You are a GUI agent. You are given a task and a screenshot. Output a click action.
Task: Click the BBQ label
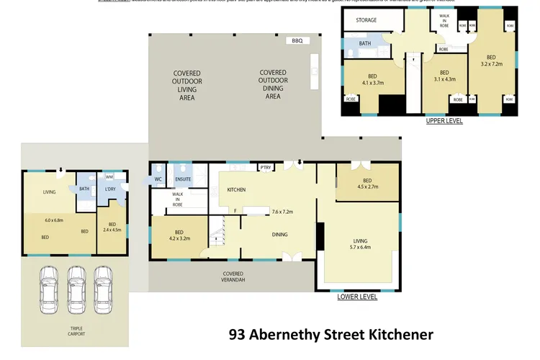click(x=297, y=41)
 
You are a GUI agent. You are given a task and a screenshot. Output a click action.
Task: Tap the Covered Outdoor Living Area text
click(x=187, y=85)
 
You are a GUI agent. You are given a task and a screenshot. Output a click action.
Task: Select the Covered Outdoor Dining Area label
click(x=273, y=84)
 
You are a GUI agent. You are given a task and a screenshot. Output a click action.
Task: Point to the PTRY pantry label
click(x=266, y=168)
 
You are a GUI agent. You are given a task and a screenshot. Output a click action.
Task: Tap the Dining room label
click(x=260, y=234)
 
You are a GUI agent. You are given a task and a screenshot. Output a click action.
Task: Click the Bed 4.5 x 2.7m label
click(x=367, y=184)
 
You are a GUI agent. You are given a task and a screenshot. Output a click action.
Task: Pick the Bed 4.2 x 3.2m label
click(x=179, y=234)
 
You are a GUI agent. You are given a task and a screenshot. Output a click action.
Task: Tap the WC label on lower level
click(x=157, y=179)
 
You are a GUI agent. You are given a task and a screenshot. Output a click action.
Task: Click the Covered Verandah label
click(x=233, y=276)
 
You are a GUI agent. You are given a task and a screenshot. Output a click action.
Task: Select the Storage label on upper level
click(x=366, y=20)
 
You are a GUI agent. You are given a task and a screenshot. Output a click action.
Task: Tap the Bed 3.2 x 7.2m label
click(x=491, y=61)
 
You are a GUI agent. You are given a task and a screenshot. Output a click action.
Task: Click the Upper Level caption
click(x=444, y=121)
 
